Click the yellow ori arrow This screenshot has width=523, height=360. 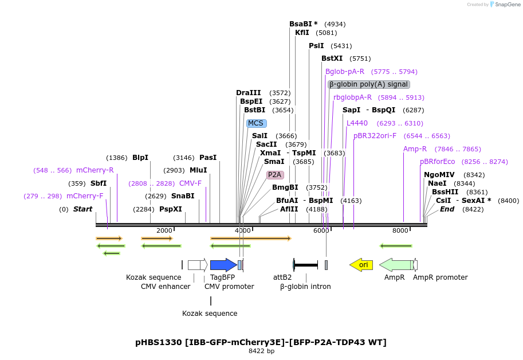[361, 264]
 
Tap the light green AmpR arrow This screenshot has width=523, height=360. [396, 264]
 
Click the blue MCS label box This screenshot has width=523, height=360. [256, 123]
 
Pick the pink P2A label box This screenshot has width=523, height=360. [275, 175]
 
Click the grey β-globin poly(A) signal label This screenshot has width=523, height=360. [368, 84]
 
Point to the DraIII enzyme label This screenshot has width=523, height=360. [248, 93]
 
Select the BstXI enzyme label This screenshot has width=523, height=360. [332, 58]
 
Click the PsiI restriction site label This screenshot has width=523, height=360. [316, 46]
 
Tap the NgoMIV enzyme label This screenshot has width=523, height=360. [439, 175]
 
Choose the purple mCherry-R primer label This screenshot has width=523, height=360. [95, 170]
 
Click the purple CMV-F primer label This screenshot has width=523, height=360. [190, 183]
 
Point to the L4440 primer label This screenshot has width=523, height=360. [357, 123]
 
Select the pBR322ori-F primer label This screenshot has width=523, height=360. [375, 136]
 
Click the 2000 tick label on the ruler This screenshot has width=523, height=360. [164, 230]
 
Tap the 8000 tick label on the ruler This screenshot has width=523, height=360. [400, 230]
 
